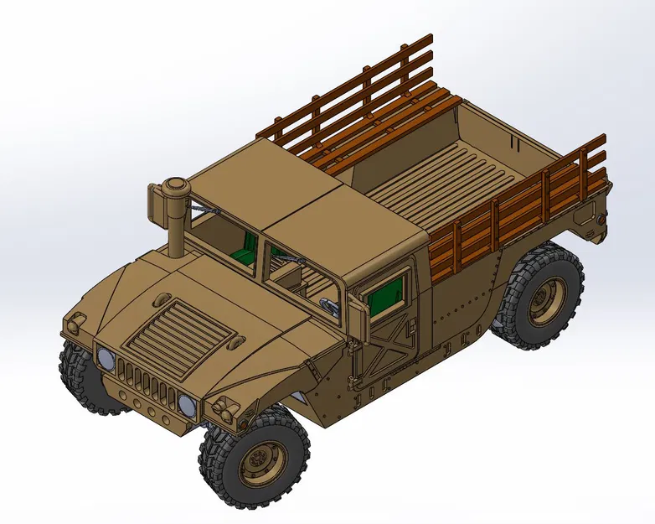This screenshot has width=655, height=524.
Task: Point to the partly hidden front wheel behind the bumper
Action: (84, 377)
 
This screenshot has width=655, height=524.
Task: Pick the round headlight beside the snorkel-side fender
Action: (106, 361)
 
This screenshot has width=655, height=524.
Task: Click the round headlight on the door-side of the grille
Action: (187, 407)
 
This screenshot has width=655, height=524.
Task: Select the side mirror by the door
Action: (358, 318)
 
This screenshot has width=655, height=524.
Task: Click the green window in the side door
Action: (386, 294)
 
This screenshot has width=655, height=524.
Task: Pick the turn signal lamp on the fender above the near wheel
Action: (224, 410)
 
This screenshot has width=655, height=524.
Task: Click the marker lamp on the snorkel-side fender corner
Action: (75, 320)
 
